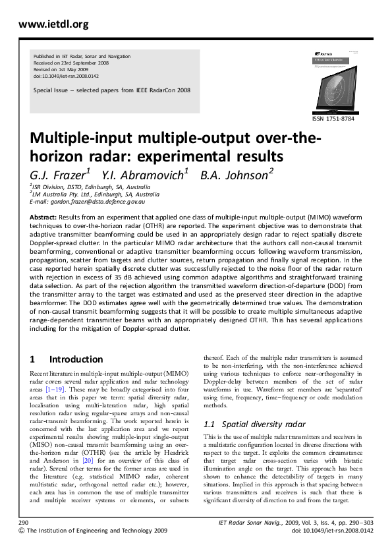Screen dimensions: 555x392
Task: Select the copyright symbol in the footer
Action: point(22,530)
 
